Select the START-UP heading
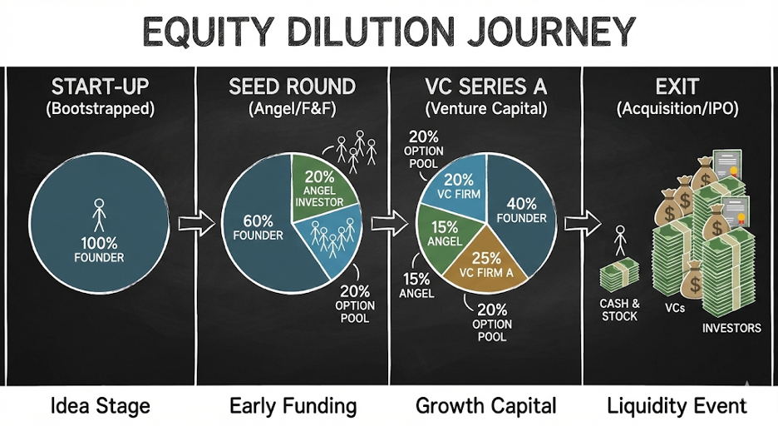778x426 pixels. coord(100,87)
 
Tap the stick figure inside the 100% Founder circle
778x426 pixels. coord(100,214)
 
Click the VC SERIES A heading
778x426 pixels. coord(485,87)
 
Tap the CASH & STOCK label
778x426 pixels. coord(619,310)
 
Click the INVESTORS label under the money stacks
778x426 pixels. coord(731,328)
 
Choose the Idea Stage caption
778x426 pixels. coord(100,405)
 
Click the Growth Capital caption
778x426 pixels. coord(485,405)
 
